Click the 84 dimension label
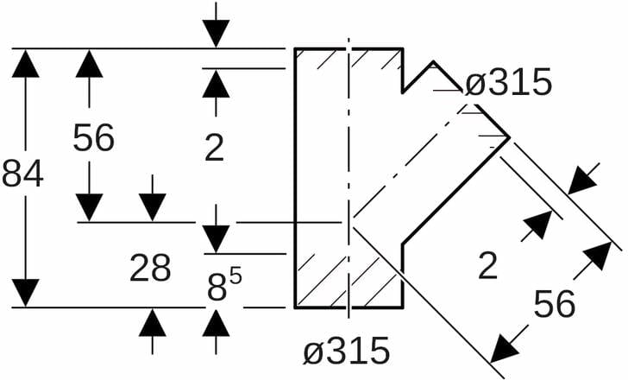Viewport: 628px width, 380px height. click(22, 174)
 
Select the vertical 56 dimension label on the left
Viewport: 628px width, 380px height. click(93, 138)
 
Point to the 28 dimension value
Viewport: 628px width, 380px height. click(150, 269)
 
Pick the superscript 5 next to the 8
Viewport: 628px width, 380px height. click(235, 277)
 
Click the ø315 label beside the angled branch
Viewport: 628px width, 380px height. click(507, 83)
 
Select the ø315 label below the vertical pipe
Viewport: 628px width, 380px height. click(346, 351)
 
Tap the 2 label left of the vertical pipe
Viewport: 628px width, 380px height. click(214, 149)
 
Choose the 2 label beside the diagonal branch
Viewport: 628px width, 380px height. click(488, 266)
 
